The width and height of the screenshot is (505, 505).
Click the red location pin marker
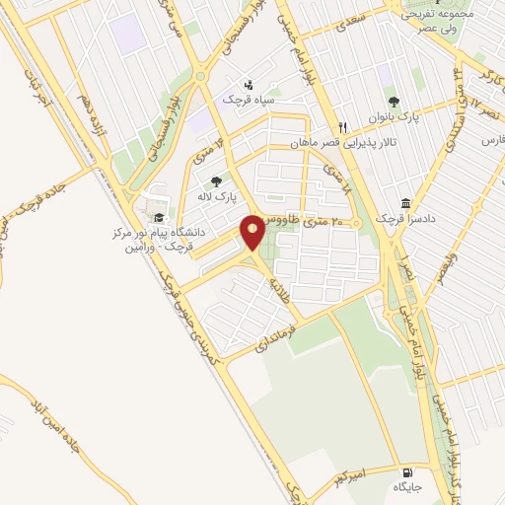coord(253,232)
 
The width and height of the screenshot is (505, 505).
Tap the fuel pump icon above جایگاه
coord(406,470)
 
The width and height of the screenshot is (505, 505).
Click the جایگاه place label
coord(406,487)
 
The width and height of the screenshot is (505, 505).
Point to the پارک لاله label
coord(223,198)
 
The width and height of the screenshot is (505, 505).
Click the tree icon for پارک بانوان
coord(394,101)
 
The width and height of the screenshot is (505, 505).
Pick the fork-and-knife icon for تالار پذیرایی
coord(343,127)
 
